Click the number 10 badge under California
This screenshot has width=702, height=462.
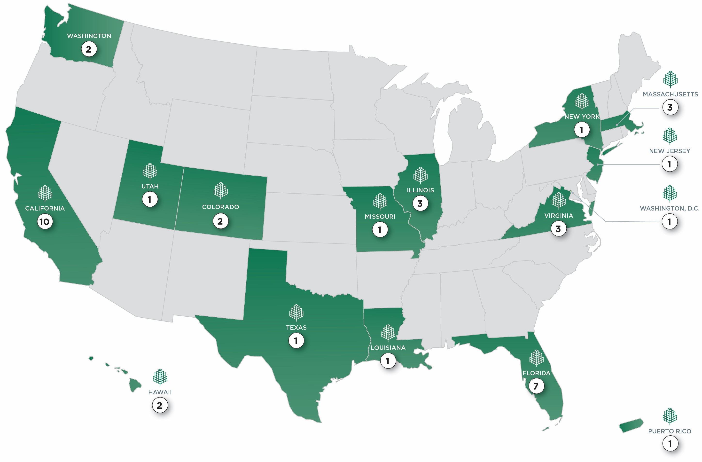45,222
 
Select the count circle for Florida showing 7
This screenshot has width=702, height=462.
536,386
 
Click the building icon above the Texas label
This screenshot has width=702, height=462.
296,313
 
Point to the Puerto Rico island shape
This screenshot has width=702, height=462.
631,425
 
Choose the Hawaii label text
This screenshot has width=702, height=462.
160,392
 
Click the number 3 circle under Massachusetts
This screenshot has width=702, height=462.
670,107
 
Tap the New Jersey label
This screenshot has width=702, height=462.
670,151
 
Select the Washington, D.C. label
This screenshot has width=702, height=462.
670,209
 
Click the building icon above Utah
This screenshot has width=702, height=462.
150,171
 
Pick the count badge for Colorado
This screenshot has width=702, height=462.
220,221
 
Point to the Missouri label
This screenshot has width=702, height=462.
380,217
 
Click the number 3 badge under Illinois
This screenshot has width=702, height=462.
420,203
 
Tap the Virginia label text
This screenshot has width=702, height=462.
559,216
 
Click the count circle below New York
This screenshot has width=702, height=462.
582,130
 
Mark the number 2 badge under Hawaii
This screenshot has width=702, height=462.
160,405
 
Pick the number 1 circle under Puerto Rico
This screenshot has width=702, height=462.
670,443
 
